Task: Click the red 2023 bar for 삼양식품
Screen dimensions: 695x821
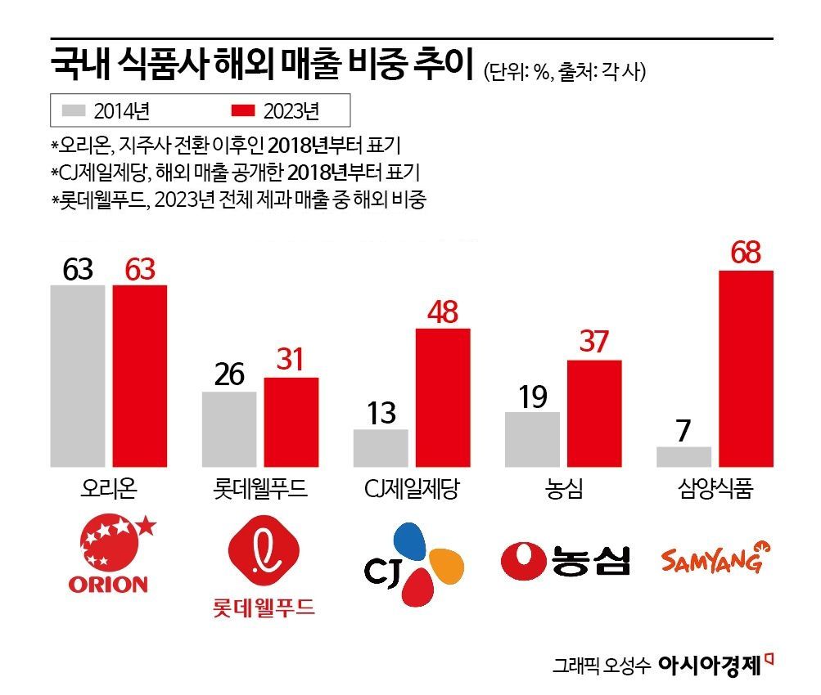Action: pos(746,369)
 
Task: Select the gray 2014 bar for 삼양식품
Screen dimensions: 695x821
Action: pos(683,457)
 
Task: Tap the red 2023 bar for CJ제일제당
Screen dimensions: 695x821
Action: pos(443,397)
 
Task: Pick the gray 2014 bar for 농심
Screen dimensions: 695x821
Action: pos(532,439)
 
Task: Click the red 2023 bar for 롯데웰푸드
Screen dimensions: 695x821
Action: pos(291,422)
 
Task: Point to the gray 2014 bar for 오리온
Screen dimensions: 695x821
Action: pos(78,376)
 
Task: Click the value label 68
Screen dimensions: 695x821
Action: pos(746,253)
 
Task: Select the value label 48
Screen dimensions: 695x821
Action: pos(443,312)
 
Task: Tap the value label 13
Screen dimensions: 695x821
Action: pos(381,413)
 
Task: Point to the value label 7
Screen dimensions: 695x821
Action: pos(683,430)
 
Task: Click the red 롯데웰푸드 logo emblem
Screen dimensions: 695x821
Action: pos(261,556)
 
